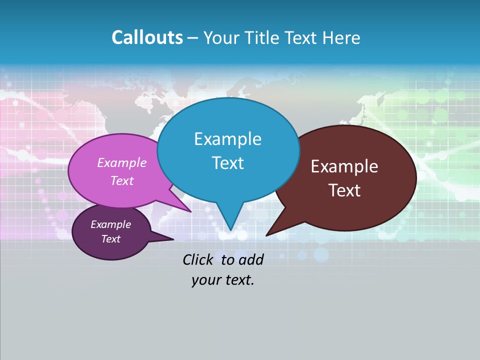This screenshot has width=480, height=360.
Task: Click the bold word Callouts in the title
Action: tap(147, 37)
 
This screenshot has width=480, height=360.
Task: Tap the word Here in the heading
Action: tap(341, 37)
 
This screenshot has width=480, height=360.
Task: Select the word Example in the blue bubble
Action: tap(227, 139)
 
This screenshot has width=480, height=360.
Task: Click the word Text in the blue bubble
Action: tap(227, 163)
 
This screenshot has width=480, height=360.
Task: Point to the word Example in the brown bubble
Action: tap(344, 166)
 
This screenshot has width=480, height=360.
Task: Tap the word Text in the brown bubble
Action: tap(344, 190)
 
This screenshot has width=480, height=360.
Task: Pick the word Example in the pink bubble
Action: tap(122, 162)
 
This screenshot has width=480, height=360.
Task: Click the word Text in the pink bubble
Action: tap(122, 180)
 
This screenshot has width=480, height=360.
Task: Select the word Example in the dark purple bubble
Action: tap(111, 224)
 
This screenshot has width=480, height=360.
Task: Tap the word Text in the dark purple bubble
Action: tap(111, 239)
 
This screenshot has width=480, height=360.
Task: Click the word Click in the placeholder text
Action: tap(199, 259)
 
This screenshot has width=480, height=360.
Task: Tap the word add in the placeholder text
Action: tap(251, 259)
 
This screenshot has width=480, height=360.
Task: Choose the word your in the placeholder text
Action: tap(205, 280)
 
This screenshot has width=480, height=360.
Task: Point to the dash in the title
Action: tap(193, 38)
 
